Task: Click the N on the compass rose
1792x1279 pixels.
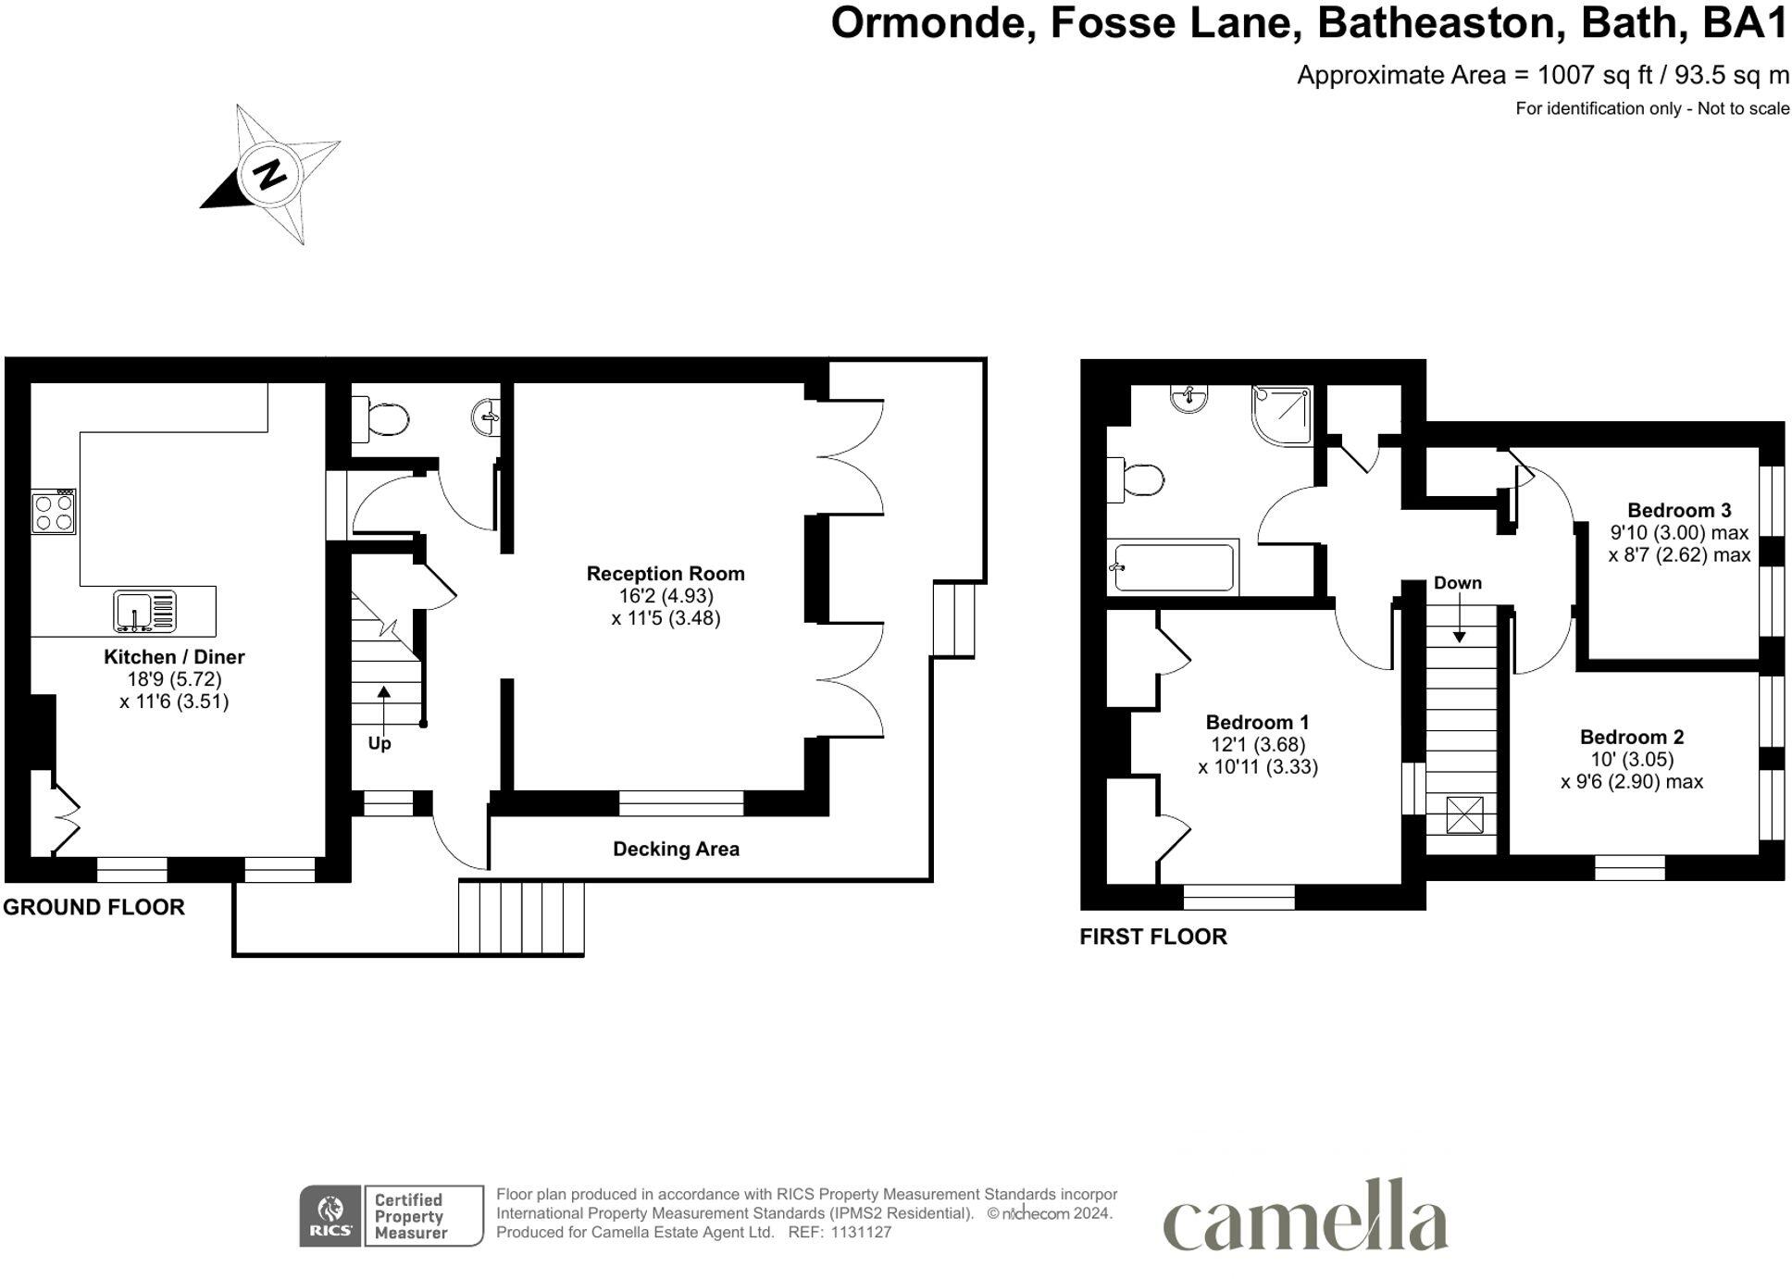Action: point(269,174)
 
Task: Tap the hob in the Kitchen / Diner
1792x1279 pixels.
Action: point(54,512)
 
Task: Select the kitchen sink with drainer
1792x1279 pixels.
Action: point(145,612)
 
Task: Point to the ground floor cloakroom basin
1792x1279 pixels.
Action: point(487,416)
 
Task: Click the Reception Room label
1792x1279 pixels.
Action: point(666,574)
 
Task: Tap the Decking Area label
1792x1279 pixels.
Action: point(676,849)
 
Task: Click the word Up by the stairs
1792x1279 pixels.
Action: point(380,743)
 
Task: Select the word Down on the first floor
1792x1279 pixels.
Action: point(1458,583)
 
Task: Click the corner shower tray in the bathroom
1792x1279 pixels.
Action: point(1282,415)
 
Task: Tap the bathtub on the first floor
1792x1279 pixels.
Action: point(1173,566)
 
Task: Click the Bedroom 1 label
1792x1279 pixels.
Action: point(1257,722)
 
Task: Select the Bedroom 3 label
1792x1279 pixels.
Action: point(1679,510)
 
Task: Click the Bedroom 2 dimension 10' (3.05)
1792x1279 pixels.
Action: point(1632,759)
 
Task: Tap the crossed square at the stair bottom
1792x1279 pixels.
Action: point(1463,815)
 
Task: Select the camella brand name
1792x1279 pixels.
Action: point(1305,1213)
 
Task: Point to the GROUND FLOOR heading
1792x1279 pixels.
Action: point(93,907)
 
